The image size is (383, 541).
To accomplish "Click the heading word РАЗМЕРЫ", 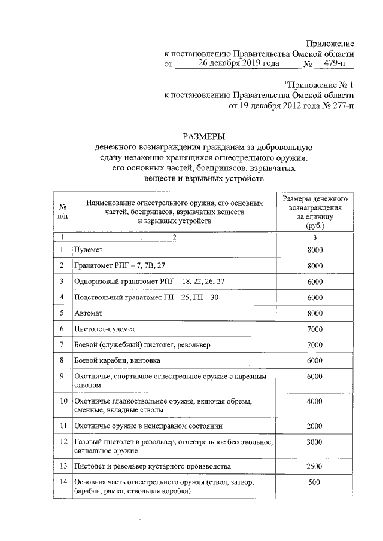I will click(x=206, y=136).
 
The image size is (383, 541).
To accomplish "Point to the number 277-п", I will click(x=339, y=106).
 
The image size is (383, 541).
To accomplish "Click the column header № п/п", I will click(x=62, y=211).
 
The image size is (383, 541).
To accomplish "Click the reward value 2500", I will click(x=314, y=466).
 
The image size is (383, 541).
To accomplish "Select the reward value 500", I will click(x=314, y=482).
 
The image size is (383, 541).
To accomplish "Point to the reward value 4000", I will click(x=314, y=402).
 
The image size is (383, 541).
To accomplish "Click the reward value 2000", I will click(x=314, y=426).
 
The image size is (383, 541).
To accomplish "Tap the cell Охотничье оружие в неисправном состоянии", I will click(x=148, y=426).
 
